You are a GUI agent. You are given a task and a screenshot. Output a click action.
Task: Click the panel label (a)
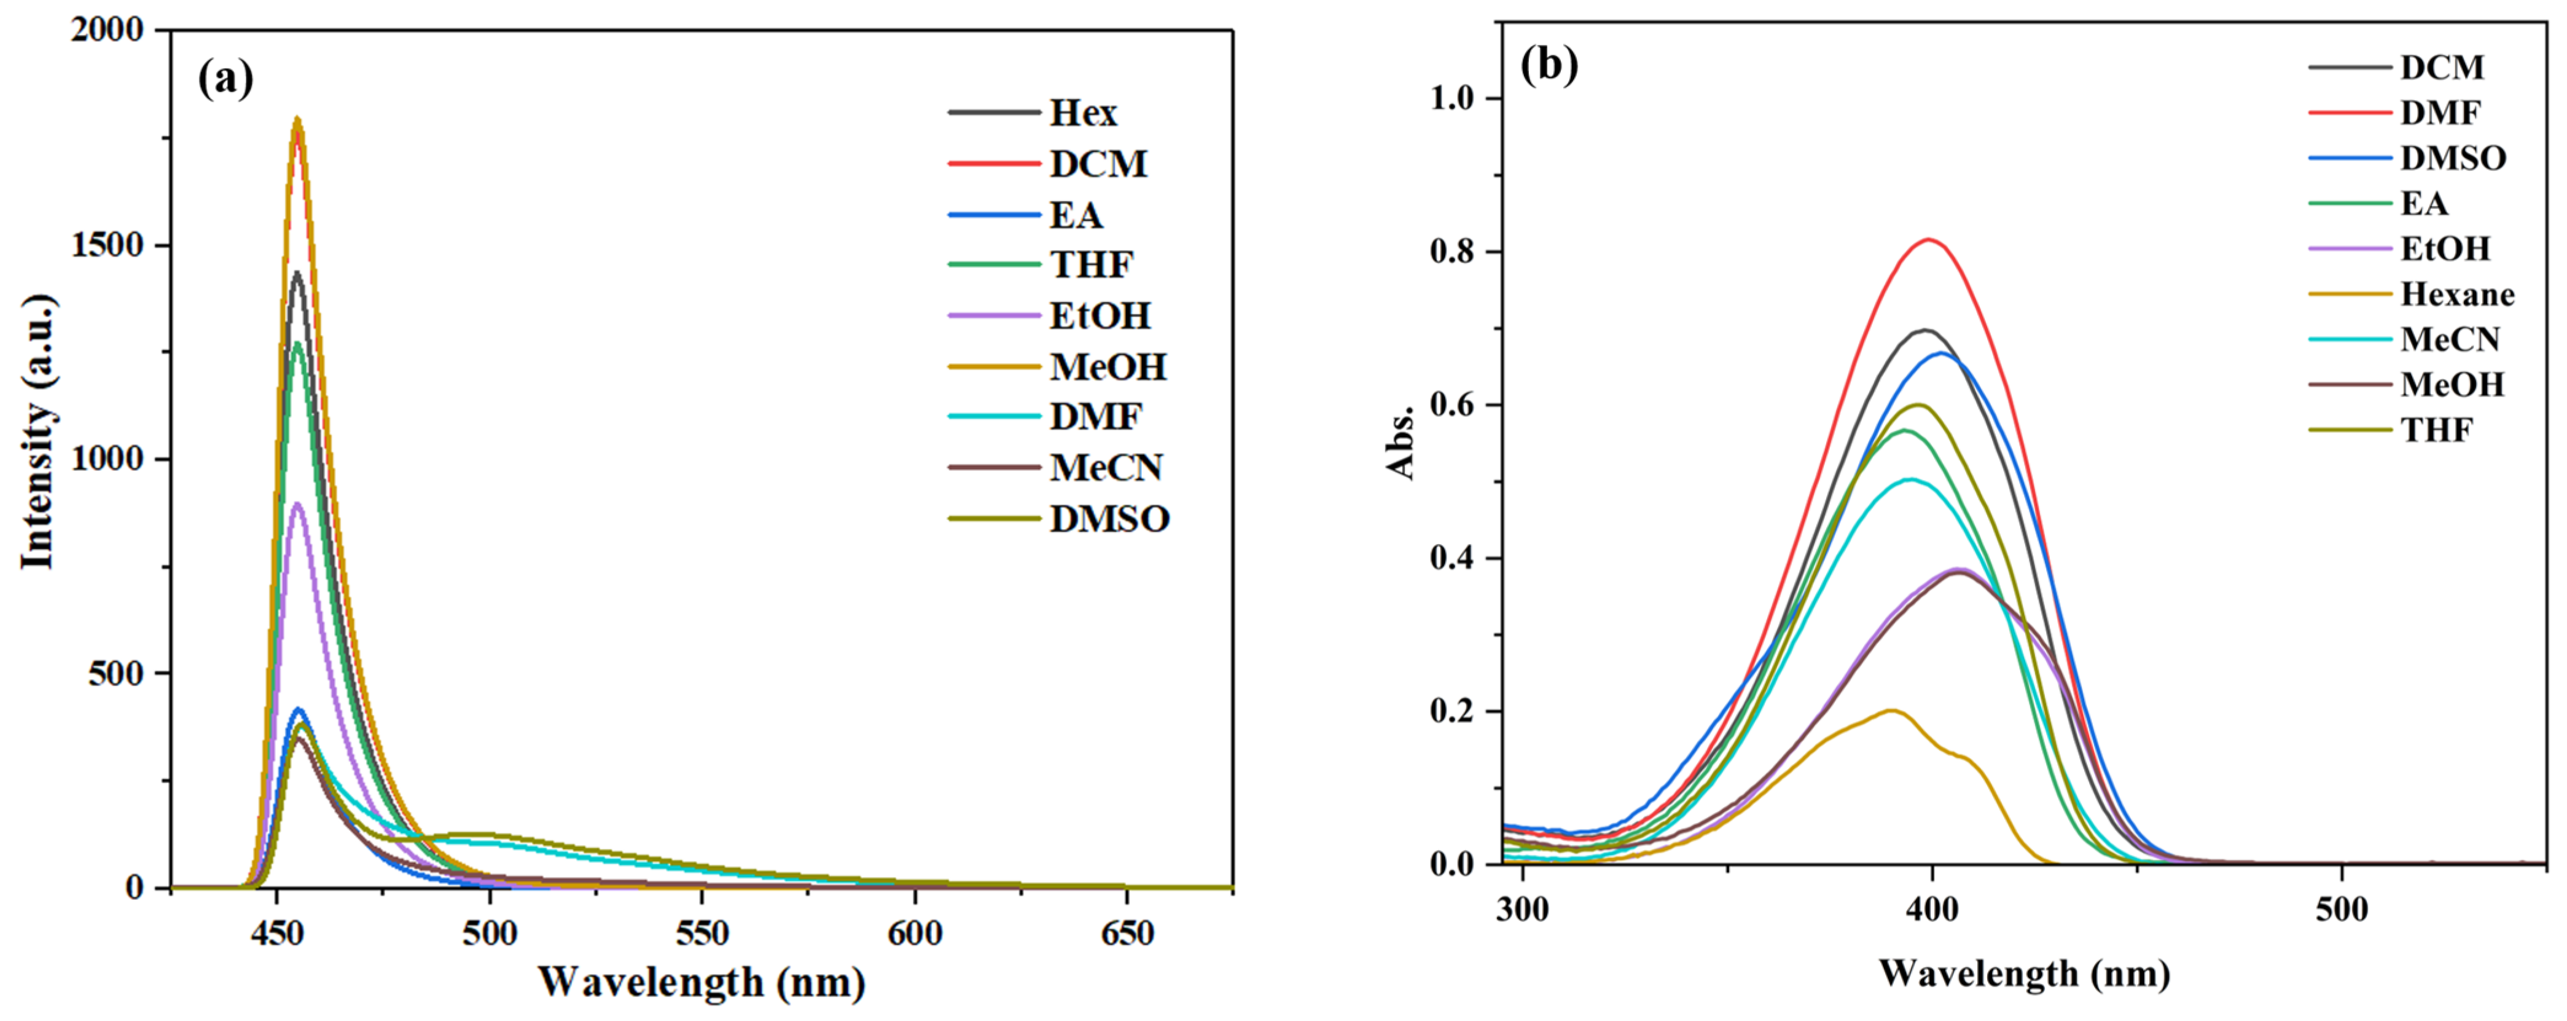[226, 78]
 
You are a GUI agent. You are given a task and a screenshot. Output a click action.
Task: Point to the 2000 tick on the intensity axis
[107, 30]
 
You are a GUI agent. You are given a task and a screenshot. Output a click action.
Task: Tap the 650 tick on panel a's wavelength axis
[1127, 933]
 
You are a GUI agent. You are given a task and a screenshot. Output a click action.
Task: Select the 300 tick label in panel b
[1523, 909]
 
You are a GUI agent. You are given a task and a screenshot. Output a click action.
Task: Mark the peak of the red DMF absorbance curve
[1929, 239]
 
